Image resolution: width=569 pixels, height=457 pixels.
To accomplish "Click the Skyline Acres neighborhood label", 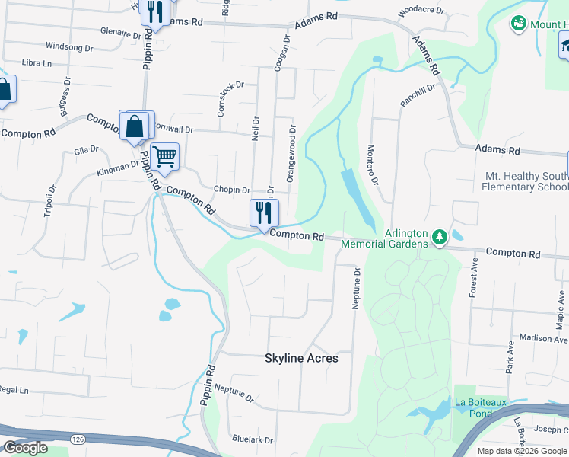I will [x=301, y=358].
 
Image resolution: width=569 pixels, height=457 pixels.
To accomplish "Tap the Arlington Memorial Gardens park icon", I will [x=439, y=238].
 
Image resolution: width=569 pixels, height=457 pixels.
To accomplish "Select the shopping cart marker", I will [x=164, y=158].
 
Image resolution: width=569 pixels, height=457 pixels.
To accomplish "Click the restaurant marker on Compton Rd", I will [x=264, y=213].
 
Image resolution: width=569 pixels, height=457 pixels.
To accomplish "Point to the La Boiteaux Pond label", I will [x=480, y=407].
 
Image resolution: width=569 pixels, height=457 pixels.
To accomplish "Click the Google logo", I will [x=25, y=448].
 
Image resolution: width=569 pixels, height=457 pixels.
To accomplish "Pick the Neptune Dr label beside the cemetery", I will [x=355, y=287].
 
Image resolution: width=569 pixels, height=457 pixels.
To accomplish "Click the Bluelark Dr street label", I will [x=253, y=439].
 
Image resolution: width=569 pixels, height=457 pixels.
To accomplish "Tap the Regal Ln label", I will [x=13, y=390].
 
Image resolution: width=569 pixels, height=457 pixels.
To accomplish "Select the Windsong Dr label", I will [x=68, y=46].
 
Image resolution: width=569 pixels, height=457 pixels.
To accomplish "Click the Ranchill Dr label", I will [x=418, y=96].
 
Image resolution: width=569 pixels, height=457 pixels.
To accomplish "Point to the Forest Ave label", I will [x=473, y=277].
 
